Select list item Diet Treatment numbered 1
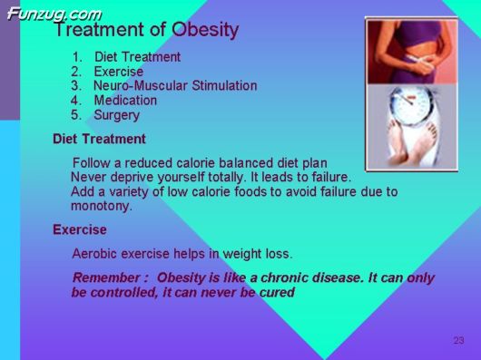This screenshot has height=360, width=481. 137,57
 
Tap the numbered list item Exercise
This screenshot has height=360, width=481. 118,72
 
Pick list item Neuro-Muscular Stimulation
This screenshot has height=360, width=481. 175,86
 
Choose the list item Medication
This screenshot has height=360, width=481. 125,101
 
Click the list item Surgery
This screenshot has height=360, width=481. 117,115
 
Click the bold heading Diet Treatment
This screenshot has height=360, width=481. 99,139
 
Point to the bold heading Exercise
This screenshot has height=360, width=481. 80,229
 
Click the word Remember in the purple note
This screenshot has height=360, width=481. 104,277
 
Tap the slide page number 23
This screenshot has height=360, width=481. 458,340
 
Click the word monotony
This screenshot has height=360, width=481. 102,206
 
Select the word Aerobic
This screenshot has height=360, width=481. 95,253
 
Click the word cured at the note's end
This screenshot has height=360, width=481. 276,292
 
